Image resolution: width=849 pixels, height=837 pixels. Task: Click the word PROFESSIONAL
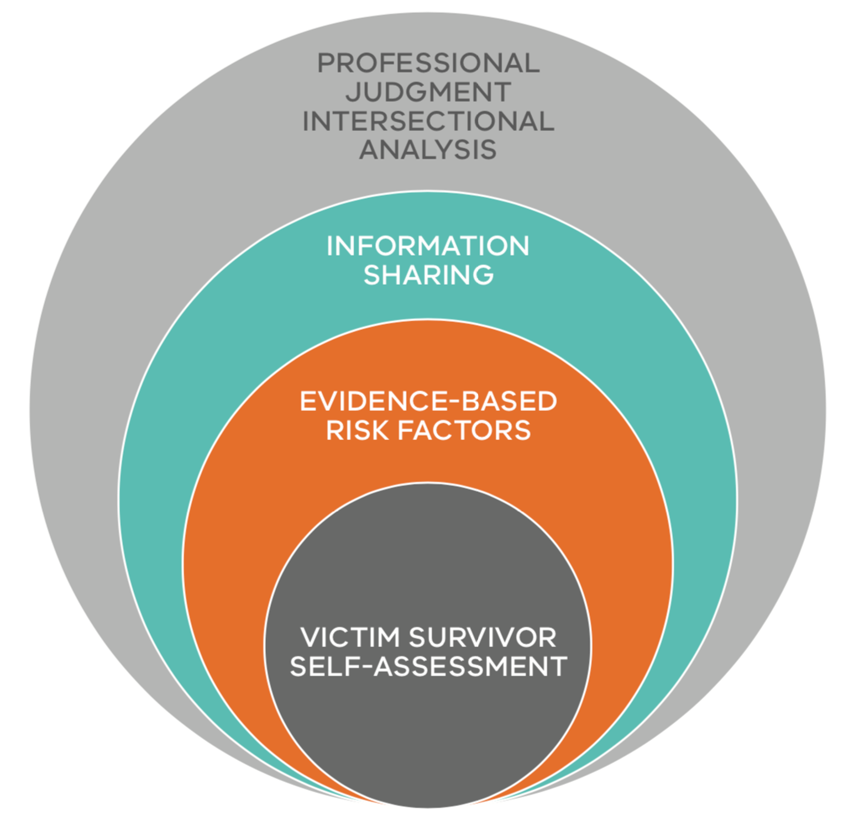click(428, 63)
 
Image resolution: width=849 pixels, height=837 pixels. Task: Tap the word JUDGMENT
click(428, 92)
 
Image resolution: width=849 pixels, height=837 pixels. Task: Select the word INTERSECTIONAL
click(428, 122)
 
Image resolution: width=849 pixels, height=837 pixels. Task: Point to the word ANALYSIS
click(428, 150)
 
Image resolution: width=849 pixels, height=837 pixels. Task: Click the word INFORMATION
click(428, 246)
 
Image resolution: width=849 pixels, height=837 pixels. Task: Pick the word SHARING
click(428, 275)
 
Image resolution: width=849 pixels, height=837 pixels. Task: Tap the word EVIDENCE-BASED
click(428, 402)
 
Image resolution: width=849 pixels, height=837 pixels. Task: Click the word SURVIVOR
click(482, 638)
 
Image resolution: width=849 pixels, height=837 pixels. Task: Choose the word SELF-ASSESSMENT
click(428, 666)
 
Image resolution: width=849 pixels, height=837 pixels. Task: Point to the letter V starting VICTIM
click(311, 638)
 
